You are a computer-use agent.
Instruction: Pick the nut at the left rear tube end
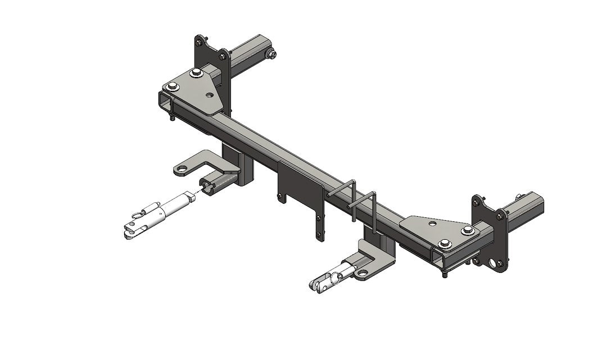[x=271, y=54]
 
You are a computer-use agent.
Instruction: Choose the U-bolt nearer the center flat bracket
[x=342, y=194]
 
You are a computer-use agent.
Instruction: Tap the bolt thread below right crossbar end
[x=444, y=274]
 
